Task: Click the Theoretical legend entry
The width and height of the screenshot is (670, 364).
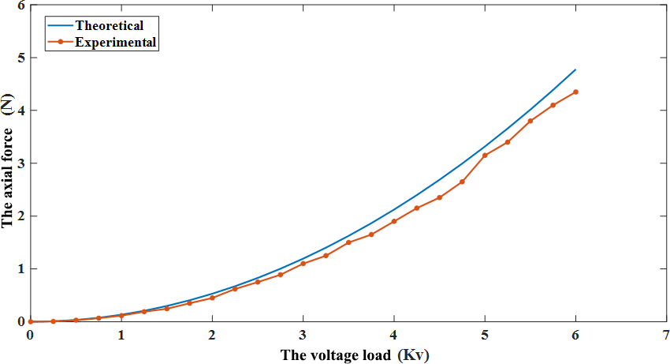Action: click(109, 26)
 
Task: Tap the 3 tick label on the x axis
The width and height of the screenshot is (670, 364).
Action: click(303, 334)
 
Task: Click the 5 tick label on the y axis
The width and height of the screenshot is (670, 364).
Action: click(21, 58)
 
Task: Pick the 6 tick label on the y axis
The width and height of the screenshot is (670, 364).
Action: click(21, 6)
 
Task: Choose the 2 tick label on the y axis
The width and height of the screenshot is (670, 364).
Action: click(21, 216)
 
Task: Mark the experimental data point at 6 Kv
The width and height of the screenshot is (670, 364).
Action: click(575, 92)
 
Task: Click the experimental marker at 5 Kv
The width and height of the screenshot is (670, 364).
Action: click(485, 156)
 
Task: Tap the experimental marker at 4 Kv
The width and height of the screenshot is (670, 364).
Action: click(394, 221)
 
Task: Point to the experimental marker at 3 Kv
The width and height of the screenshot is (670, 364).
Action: click(303, 264)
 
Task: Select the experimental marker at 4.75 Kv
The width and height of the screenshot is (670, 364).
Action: click(462, 182)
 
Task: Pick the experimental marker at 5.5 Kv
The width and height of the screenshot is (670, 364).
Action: click(530, 121)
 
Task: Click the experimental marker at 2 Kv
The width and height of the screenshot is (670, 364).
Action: click(212, 298)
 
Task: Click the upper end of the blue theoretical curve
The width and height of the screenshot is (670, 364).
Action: click(575, 69)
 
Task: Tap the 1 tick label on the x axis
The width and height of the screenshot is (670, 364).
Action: click(121, 334)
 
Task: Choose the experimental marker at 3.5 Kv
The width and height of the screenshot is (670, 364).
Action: click(348, 242)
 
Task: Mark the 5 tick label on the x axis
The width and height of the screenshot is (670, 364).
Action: click(485, 334)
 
